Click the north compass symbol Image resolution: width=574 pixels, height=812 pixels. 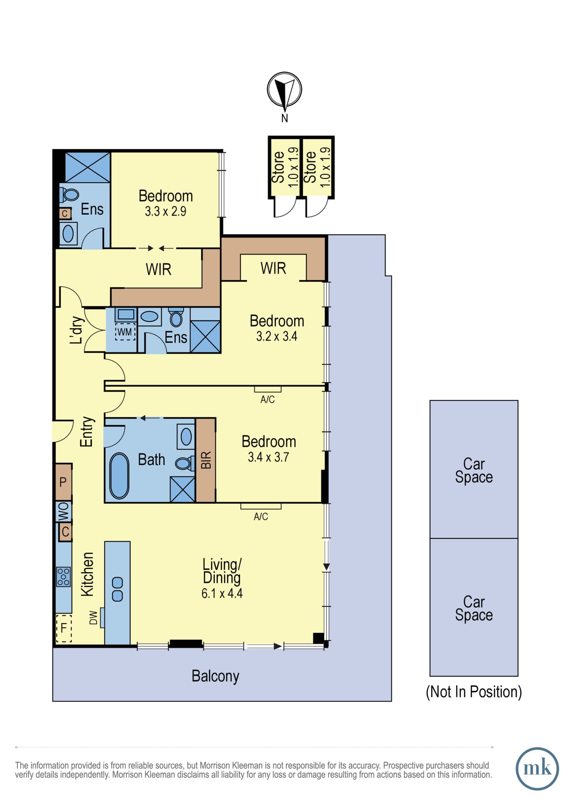tap(284, 90)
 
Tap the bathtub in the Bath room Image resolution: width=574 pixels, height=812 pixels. tap(119, 475)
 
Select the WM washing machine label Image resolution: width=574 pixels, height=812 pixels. tap(125, 332)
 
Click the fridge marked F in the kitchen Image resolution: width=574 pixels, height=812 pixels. tap(64, 628)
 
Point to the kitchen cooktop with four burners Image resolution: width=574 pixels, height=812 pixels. tap(63, 577)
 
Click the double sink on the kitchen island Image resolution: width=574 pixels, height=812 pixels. tap(117, 589)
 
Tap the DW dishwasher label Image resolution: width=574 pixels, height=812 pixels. tap(93, 618)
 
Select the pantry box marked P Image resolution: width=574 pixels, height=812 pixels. tap(63, 482)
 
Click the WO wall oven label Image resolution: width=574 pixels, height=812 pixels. tap(64, 512)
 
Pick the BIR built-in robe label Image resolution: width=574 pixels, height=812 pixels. tap(206, 460)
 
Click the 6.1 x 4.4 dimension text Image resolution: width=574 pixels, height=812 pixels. tap(222, 593)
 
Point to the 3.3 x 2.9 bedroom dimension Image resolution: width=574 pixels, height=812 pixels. tap(166, 211)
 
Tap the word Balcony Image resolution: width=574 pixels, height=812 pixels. tap(215, 676)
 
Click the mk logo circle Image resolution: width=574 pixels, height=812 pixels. tap(537, 769)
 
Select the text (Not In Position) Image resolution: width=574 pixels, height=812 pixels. tap(474, 691)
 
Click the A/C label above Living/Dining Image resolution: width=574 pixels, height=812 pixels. tap(261, 516)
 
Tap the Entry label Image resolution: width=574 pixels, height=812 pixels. tap(86, 432)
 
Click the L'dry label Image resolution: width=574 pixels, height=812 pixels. tap(77, 330)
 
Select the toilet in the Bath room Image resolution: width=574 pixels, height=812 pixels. tap(185, 463)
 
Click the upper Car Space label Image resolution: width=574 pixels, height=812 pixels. tap(474, 471)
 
